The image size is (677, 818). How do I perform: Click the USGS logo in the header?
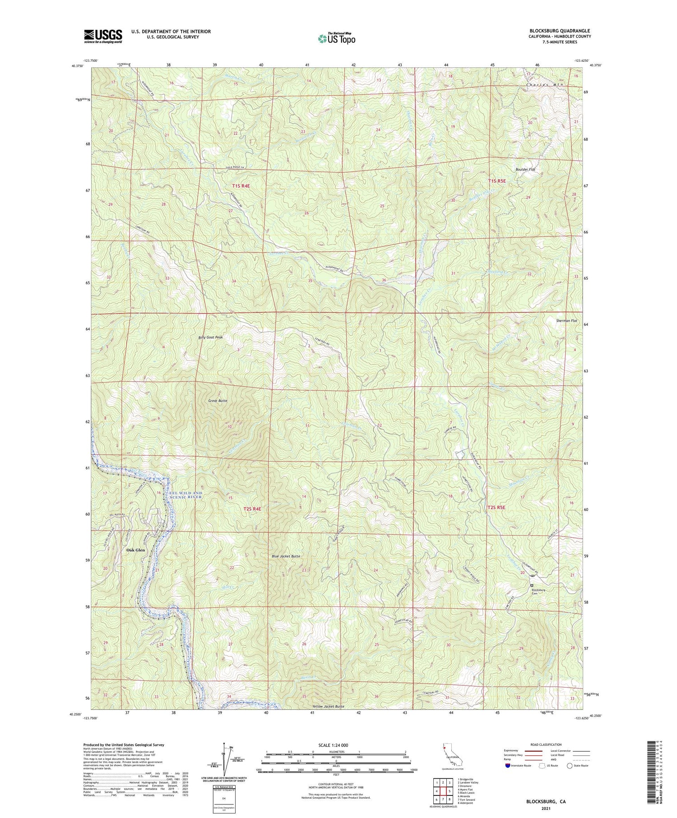click(102, 36)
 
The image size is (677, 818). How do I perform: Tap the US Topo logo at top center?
click(336, 39)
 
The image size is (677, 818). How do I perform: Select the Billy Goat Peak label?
click(211, 337)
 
